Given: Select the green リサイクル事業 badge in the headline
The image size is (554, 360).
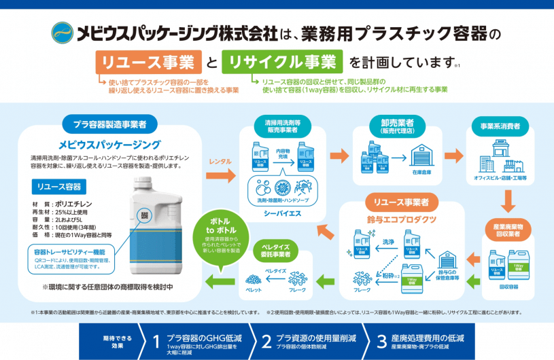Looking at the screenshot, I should (283, 62).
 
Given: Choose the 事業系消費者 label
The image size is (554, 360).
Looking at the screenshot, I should (506, 126).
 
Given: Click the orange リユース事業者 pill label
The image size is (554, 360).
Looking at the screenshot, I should (396, 202).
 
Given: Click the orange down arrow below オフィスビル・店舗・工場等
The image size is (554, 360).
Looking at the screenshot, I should (506, 202).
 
